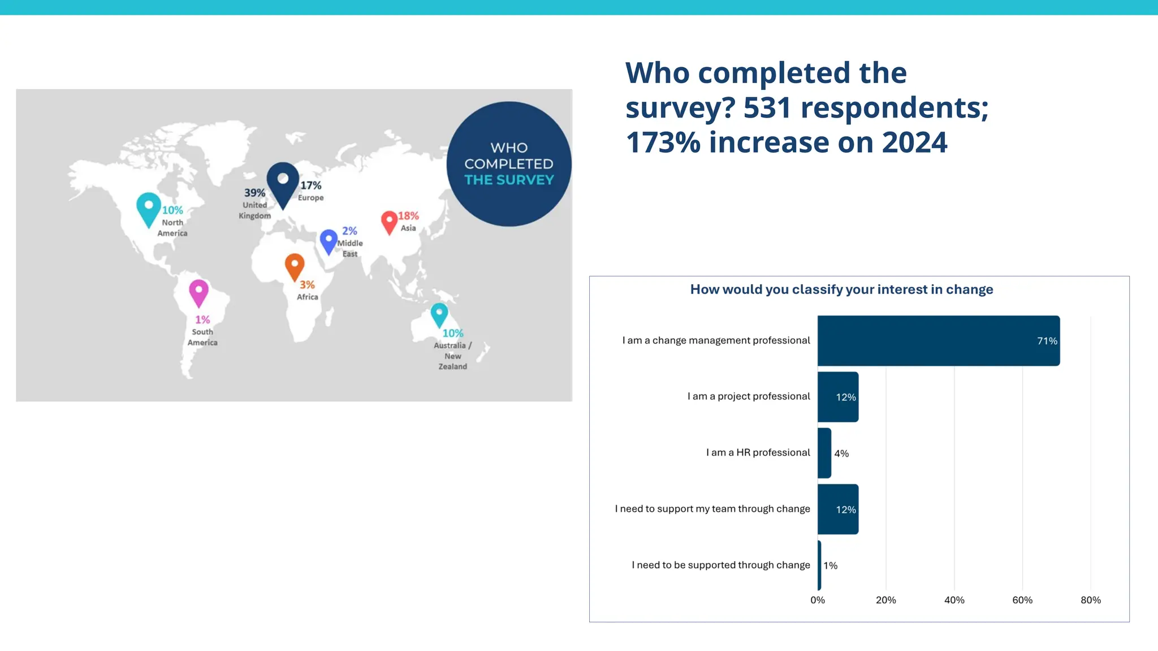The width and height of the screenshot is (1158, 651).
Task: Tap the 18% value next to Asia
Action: (x=408, y=216)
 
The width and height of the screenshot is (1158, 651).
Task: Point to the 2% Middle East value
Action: (x=349, y=231)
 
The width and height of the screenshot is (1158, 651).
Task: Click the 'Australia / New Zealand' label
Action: (x=452, y=355)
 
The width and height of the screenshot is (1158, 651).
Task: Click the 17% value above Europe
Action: (x=310, y=185)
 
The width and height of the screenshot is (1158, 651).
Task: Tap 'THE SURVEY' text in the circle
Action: (x=509, y=180)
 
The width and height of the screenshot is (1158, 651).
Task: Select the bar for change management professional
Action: (x=938, y=341)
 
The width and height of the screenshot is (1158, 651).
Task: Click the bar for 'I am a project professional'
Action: (x=837, y=397)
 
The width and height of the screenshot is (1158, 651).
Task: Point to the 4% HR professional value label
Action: (x=841, y=453)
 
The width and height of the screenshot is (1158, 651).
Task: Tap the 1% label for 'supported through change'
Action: (x=830, y=566)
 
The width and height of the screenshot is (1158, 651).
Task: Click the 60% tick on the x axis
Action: (x=1022, y=600)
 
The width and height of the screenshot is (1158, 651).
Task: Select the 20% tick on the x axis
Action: (x=885, y=600)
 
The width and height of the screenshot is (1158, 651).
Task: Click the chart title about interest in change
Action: (x=841, y=289)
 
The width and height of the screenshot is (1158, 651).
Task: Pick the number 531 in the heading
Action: (x=767, y=107)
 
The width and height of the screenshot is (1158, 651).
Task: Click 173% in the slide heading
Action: (x=663, y=142)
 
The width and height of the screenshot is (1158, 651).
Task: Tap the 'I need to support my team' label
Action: (x=712, y=509)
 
